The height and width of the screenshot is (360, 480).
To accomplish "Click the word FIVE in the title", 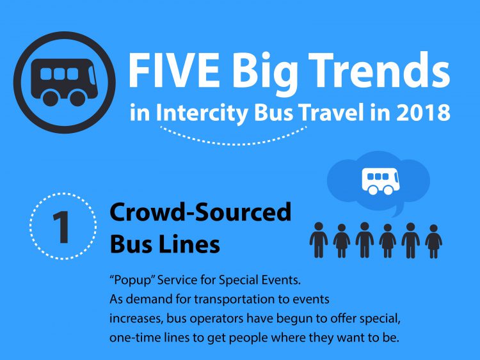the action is click(x=174, y=70).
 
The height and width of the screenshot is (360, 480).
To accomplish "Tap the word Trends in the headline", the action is click(x=379, y=70).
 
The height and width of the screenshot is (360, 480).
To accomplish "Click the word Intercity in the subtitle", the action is click(x=202, y=113).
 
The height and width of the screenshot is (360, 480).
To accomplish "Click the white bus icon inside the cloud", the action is click(x=381, y=181).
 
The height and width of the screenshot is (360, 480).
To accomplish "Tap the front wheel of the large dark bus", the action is click(x=77, y=98).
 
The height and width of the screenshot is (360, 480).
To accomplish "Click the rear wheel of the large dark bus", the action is click(x=50, y=98).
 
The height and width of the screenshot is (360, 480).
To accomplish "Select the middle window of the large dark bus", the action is click(x=60, y=74).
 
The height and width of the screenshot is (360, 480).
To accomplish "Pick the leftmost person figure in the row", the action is click(x=319, y=240).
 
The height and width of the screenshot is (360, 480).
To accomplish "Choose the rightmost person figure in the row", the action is click(x=433, y=241).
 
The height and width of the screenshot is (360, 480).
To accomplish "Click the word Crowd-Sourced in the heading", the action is click(x=200, y=212).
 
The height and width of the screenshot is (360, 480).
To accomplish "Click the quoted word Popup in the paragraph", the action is click(x=133, y=281).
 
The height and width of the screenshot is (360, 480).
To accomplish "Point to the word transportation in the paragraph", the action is click(x=234, y=299).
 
